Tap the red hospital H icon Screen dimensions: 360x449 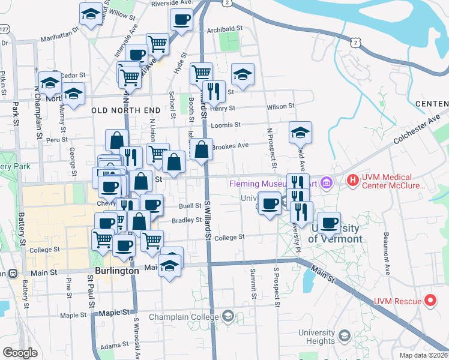[352, 179]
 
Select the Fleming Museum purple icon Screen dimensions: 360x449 [327, 181]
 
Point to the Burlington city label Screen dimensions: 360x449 [117, 271]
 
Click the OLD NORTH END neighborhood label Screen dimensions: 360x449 [126, 111]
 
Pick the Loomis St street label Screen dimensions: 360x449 [226, 125]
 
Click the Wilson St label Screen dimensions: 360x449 [281, 106]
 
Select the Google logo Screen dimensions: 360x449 [20, 353]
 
